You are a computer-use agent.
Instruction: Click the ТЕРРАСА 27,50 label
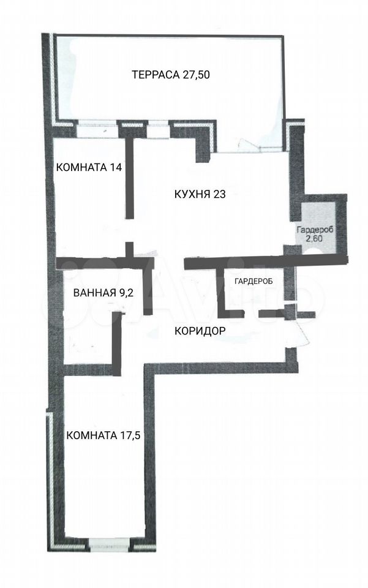171,75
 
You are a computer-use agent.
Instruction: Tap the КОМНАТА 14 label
89,167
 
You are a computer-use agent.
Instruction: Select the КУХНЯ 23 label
200,194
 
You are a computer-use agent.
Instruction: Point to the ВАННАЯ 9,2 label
103,293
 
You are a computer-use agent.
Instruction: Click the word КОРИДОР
200,331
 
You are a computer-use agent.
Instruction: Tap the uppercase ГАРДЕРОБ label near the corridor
253,281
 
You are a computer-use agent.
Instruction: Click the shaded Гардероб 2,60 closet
318,228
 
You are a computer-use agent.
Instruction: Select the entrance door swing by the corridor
300,331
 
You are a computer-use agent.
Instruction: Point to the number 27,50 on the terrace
197,75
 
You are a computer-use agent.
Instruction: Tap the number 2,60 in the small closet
315,238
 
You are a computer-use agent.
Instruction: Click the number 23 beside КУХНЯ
220,194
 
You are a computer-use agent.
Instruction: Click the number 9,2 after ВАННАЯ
126,293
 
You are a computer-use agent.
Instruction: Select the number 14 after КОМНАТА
116,167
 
